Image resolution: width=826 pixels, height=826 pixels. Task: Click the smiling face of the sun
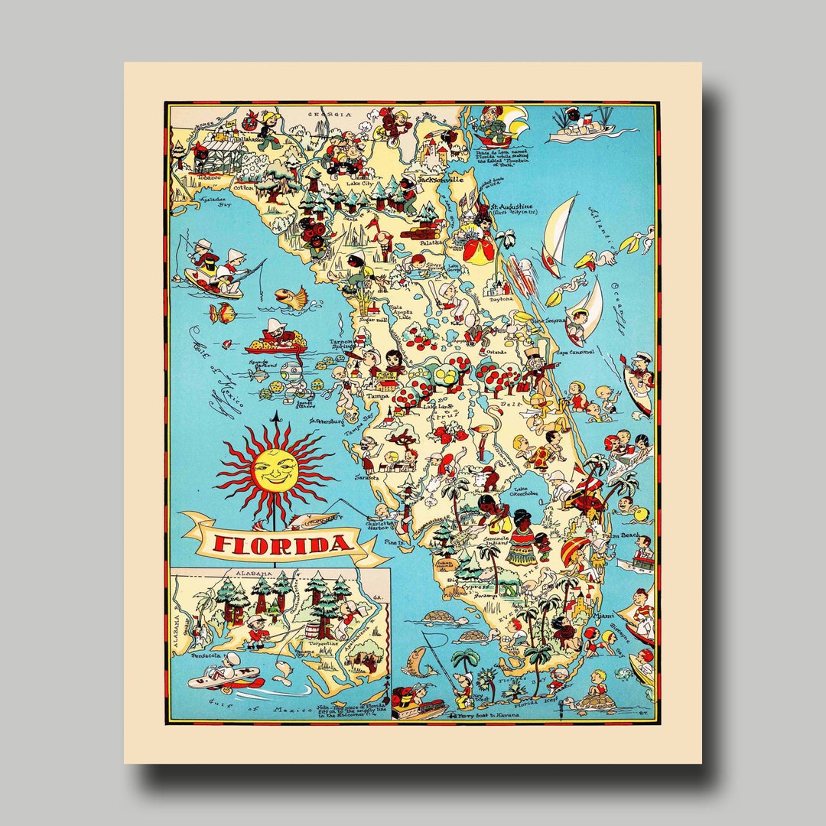275,470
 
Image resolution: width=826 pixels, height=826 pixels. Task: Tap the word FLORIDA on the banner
284,545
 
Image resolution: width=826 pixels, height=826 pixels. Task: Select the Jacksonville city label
440,179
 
